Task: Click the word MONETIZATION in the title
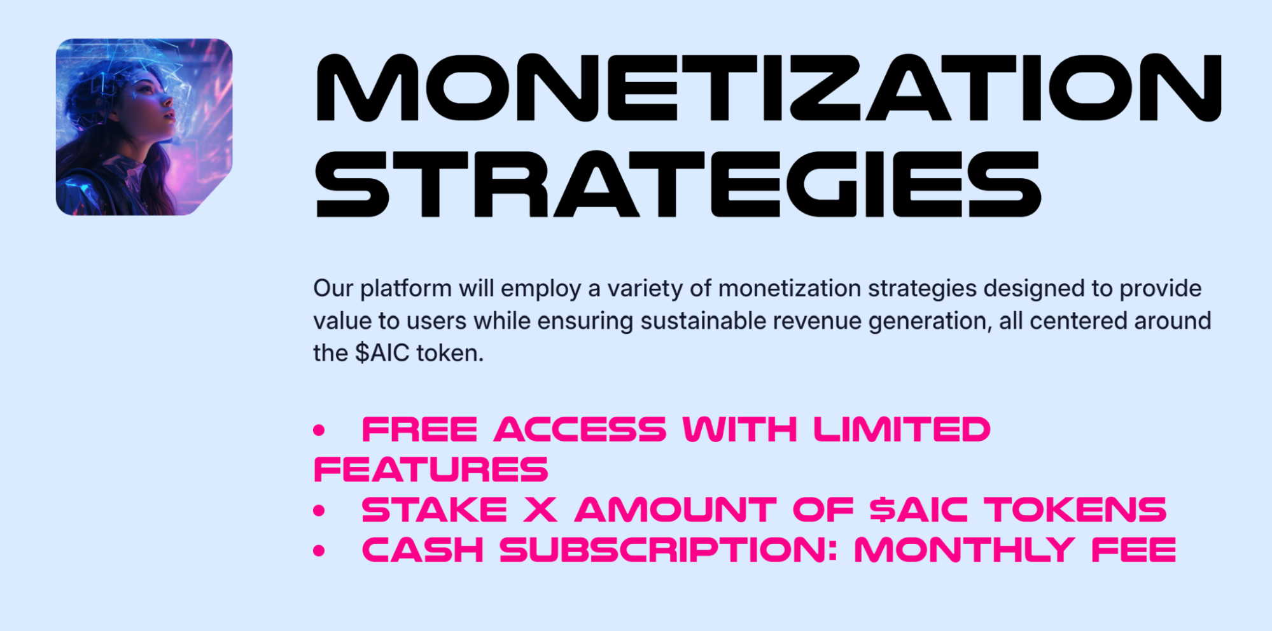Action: click(x=769, y=88)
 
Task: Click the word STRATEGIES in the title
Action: click(x=678, y=184)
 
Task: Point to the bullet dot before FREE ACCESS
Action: click(x=319, y=431)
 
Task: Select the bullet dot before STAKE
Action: click(x=319, y=511)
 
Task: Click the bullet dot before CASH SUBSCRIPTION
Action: click(x=319, y=551)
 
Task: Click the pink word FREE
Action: click(x=419, y=429)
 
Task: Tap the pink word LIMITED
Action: click(x=902, y=429)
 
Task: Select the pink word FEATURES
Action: click(x=431, y=470)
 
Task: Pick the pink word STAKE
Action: click(x=435, y=510)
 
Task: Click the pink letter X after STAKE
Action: click(x=540, y=510)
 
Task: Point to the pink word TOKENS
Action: click(x=1075, y=510)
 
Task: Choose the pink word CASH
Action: click(x=423, y=550)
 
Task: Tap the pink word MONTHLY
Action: click(x=965, y=550)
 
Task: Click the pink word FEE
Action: click(x=1134, y=550)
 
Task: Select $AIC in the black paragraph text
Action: click(x=382, y=353)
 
